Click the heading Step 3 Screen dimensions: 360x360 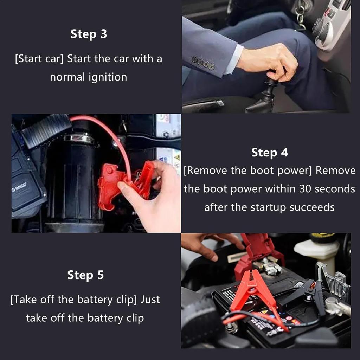pos(89,34)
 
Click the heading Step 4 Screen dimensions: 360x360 pos(270,153)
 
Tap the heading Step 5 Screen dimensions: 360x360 pos(85,275)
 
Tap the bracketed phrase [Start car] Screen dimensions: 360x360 pos(39,59)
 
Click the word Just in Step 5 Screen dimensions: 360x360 pos(150,300)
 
